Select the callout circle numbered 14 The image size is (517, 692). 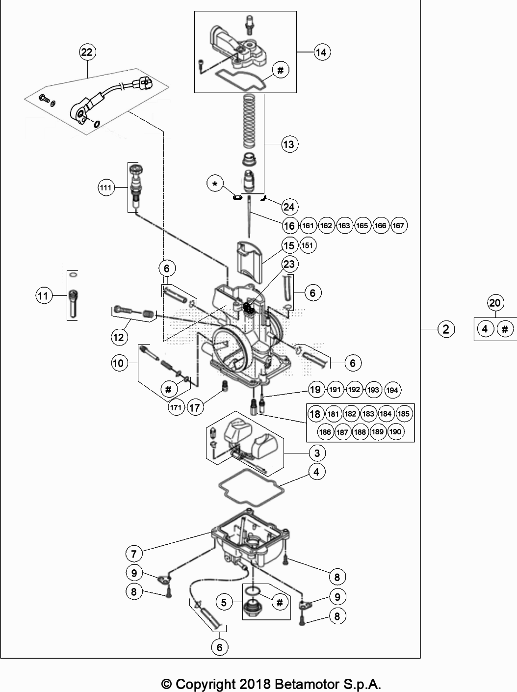[321, 52]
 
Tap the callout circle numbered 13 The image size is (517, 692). [289, 144]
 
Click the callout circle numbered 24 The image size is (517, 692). [289, 207]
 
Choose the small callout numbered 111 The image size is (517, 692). [105, 187]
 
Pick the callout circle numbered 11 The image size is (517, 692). [43, 295]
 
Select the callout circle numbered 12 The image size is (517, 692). [119, 337]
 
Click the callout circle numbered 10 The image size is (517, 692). [118, 363]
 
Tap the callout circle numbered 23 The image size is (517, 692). [289, 264]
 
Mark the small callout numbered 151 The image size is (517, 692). [308, 245]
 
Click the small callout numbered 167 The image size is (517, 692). [398, 225]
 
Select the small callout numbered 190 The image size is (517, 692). [395, 432]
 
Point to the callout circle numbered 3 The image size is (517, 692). [317, 453]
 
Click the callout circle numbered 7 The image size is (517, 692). [133, 554]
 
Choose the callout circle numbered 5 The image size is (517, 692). [224, 602]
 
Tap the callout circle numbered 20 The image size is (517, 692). [495, 303]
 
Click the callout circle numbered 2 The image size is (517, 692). [445, 329]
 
